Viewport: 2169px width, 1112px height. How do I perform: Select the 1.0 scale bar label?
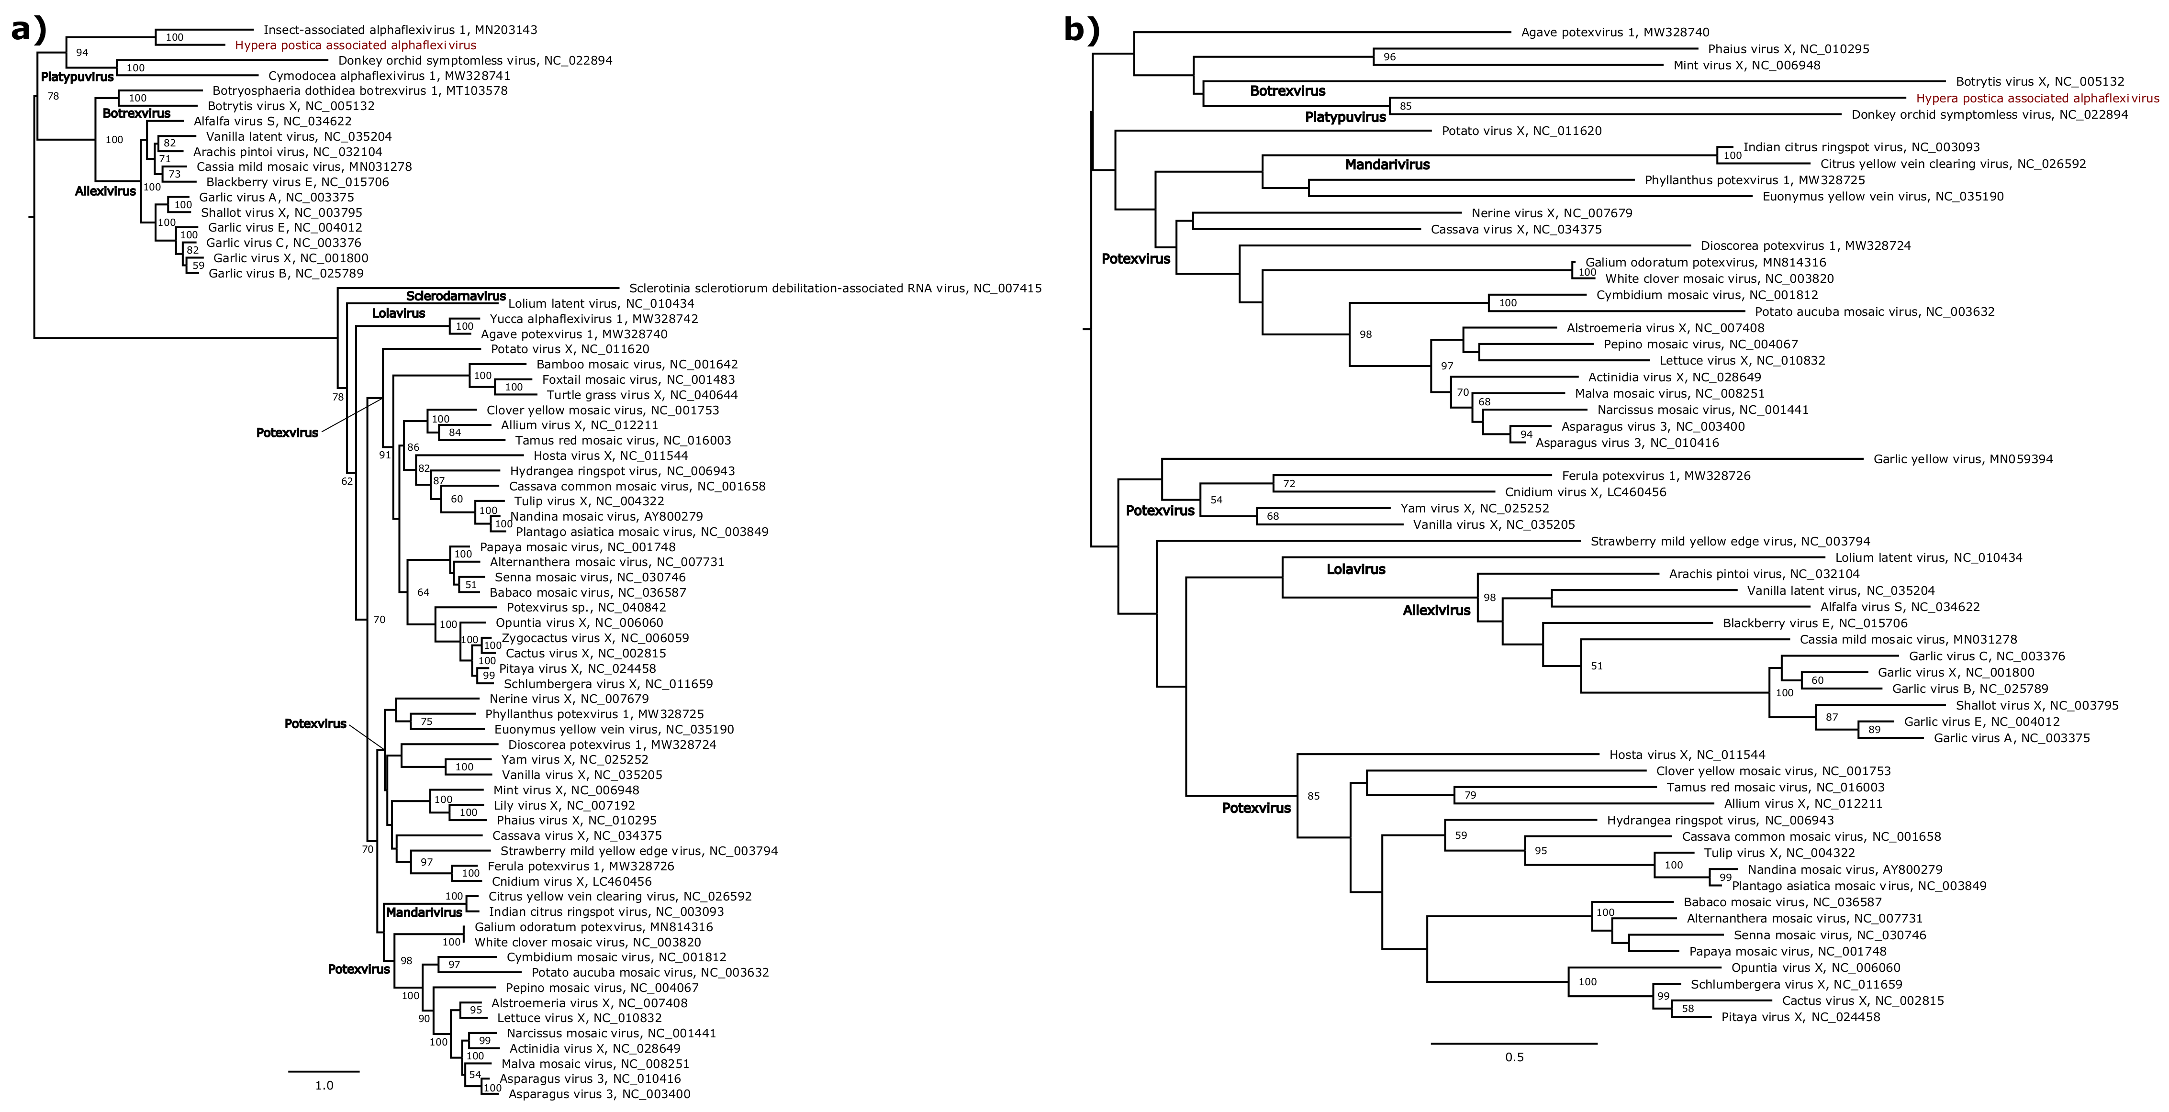tap(324, 1085)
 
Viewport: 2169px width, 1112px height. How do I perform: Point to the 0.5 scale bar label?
tap(1514, 1057)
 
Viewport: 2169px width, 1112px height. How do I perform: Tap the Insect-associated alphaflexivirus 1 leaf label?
tap(400, 30)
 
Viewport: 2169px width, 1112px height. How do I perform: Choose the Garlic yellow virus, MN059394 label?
tap(1963, 459)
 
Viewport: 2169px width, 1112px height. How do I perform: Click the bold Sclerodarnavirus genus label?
tap(456, 296)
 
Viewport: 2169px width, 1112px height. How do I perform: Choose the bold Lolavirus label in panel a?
tap(398, 313)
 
